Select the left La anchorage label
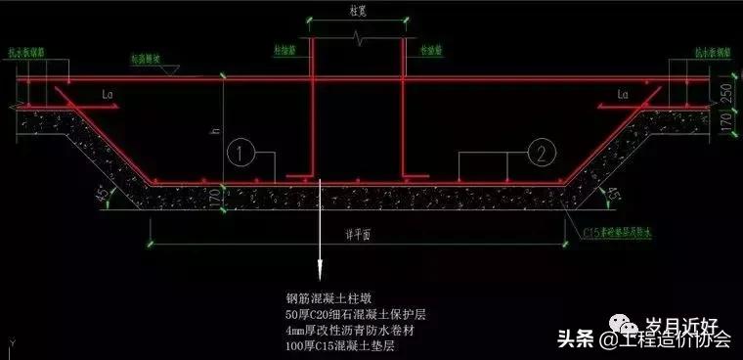(107, 96)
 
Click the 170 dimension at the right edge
(727, 121)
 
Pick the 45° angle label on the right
(614, 196)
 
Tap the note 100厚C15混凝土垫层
(341, 347)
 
